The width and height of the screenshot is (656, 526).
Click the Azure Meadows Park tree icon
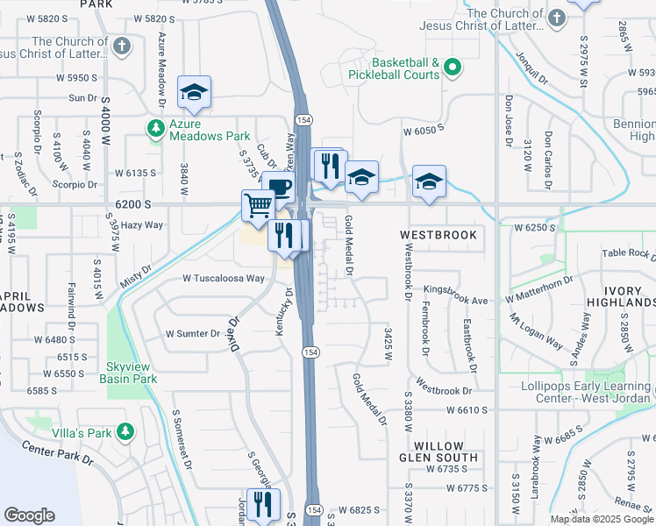point(156,129)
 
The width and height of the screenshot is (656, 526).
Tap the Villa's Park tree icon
point(125,431)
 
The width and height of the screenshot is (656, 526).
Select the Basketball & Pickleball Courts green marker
point(453,67)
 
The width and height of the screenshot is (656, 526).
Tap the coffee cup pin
point(280,187)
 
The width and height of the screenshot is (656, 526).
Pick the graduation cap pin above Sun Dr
point(194,92)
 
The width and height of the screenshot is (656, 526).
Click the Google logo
point(29,515)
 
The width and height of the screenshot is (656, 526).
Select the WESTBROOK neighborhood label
point(439,236)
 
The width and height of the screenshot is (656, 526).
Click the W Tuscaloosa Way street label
point(223,278)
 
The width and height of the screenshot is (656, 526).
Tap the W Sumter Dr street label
point(194,334)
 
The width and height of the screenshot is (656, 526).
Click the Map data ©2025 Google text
point(601,518)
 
